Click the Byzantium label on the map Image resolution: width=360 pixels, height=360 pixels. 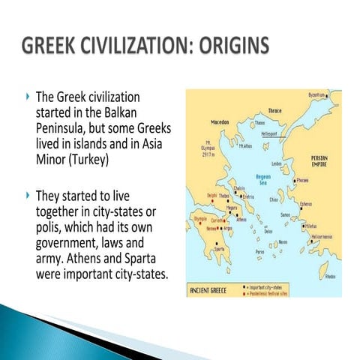(x=316, y=96)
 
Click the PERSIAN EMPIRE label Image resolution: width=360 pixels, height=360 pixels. (x=323, y=162)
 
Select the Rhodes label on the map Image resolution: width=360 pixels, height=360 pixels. (x=330, y=275)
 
